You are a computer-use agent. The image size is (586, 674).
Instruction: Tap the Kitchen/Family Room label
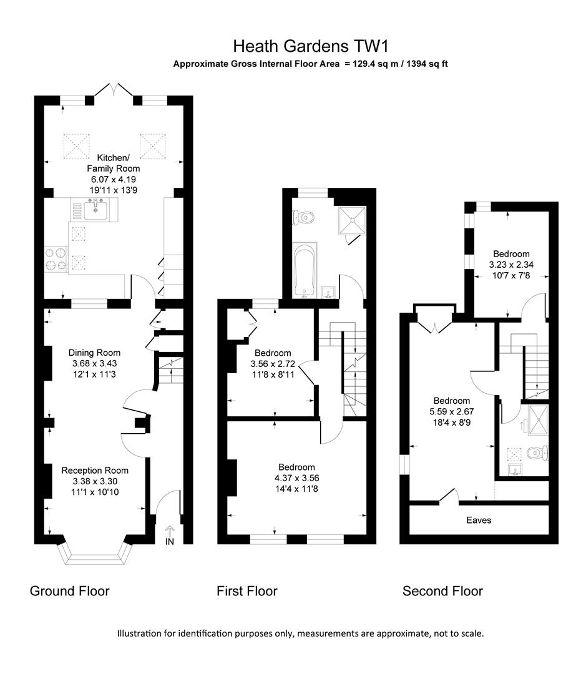(114, 163)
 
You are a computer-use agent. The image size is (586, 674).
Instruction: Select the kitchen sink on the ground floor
(94, 207)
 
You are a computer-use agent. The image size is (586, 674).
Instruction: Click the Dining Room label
(94, 353)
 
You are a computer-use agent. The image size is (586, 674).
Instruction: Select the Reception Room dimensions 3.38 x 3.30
(95, 481)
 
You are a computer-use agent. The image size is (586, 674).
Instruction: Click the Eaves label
(479, 520)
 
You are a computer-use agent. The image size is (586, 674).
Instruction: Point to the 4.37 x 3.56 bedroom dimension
(296, 478)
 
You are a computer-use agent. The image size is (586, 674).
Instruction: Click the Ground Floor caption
(69, 590)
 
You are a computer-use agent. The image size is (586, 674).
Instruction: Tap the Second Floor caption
(442, 590)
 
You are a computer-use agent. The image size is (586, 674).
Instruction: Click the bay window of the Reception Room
(95, 552)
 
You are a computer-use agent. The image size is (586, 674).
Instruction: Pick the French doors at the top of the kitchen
(114, 92)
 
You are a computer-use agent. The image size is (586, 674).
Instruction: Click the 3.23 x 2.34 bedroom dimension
(511, 265)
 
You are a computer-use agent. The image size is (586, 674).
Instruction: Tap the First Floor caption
(247, 590)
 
